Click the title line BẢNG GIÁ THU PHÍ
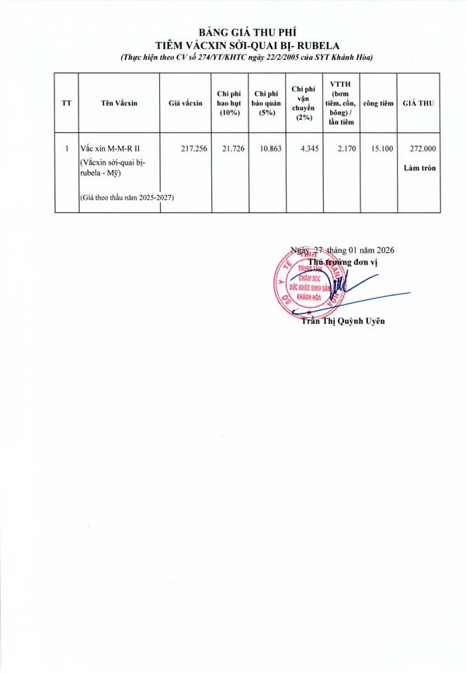(x=232, y=32)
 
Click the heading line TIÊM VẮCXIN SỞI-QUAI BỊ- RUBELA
(x=232, y=45)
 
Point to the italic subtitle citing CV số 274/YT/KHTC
(x=232, y=58)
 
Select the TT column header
(x=68, y=103)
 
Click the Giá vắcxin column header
(x=185, y=103)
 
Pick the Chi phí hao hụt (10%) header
(x=228, y=103)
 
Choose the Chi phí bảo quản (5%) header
(x=266, y=103)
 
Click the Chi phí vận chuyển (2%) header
(x=303, y=103)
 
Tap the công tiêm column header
(x=378, y=103)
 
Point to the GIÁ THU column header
(x=419, y=103)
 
